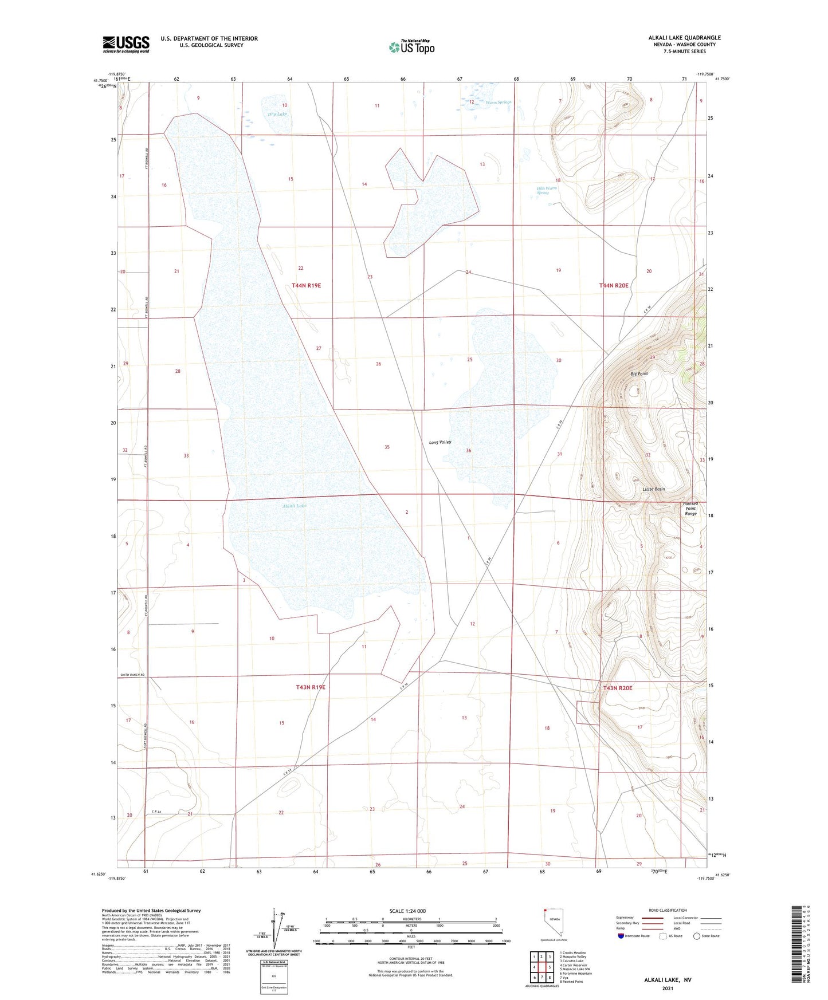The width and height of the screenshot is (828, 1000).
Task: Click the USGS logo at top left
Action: [x=126, y=44]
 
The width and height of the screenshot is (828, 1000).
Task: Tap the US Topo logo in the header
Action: [x=411, y=46]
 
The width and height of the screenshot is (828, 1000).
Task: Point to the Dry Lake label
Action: [x=277, y=114]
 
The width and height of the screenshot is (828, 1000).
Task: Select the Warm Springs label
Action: [x=498, y=103]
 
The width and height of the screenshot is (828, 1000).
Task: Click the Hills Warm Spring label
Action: [x=546, y=190]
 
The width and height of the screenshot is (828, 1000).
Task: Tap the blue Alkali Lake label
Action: [x=294, y=506]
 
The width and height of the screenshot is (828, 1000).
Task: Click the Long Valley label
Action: [x=440, y=442]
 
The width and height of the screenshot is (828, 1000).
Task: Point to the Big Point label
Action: [x=638, y=373]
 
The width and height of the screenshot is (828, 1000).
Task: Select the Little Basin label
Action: [x=653, y=489]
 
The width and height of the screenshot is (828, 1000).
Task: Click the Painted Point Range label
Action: [x=690, y=509]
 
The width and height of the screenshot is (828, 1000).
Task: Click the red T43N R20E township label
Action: [x=617, y=688]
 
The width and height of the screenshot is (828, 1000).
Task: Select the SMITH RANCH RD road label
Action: [x=132, y=676]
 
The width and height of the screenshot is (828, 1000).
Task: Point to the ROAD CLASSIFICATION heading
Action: [x=668, y=910]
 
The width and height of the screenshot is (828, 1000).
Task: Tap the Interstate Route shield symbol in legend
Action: [x=621, y=936]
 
